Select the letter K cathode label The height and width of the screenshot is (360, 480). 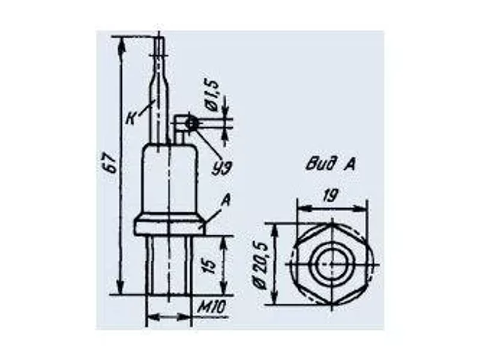[x=131, y=119]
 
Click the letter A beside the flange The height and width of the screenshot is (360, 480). [x=226, y=201]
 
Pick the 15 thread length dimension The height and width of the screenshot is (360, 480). [x=211, y=266]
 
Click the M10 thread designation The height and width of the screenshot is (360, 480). [x=211, y=307]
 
